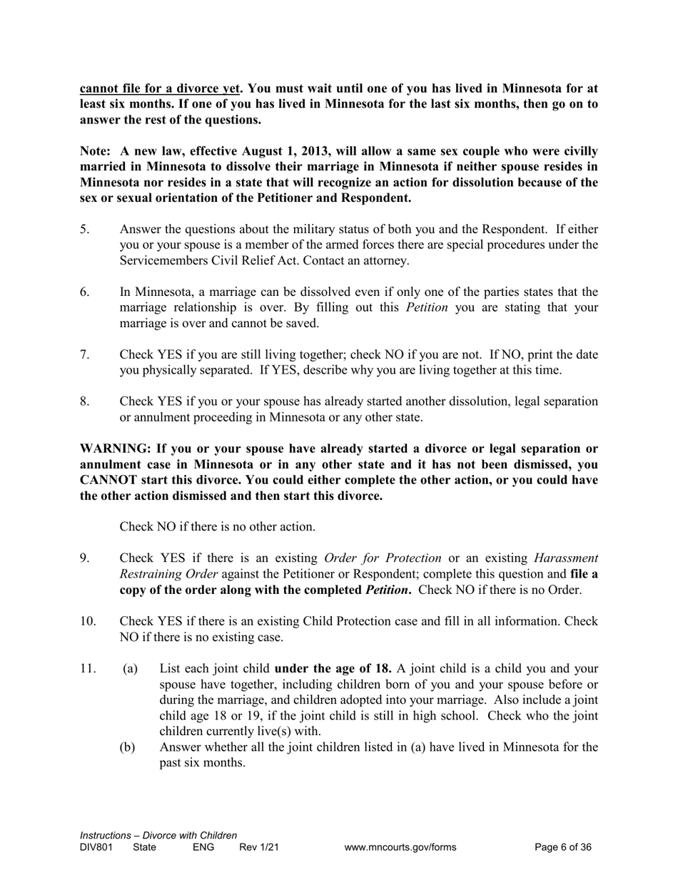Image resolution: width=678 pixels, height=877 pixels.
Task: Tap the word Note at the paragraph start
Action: coord(94,151)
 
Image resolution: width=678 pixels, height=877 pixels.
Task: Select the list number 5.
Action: coord(84,230)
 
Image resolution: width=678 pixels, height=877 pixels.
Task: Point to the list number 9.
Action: coord(84,558)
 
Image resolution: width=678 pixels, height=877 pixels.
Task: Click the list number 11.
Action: coord(88,670)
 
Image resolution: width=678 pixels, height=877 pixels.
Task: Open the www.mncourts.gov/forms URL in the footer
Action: coord(400,848)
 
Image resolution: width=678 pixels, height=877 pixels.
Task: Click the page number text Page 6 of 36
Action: coord(563,848)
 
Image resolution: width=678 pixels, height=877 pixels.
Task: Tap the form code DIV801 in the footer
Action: coord(96,848)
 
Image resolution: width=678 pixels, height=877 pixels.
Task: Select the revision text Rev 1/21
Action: coord(259,848)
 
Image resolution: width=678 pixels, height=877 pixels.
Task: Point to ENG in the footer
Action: coord(203,848)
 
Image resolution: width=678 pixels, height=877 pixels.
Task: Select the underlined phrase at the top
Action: coord(159,89)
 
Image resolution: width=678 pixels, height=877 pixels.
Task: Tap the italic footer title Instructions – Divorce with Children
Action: coord(158,836)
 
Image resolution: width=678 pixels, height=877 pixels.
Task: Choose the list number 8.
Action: coord(84,402)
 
